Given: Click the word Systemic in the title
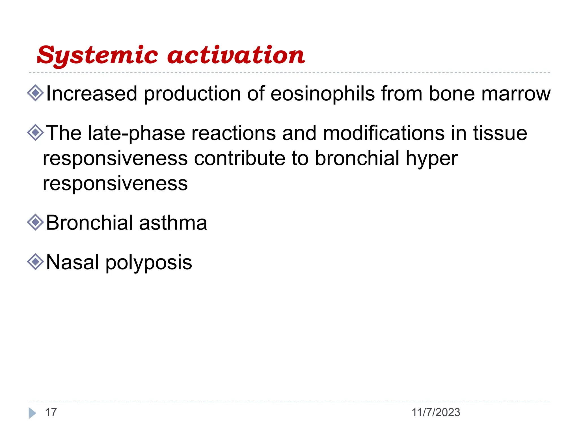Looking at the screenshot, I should (98, 56).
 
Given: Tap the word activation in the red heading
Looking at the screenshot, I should (236, 55).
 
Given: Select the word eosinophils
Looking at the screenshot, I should (322, 94).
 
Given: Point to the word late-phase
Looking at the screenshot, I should (136, 133).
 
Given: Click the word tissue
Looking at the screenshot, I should (500, 133).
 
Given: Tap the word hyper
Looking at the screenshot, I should (432, 159).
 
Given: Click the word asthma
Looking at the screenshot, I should (173, 223).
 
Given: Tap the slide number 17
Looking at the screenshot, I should (51, 413).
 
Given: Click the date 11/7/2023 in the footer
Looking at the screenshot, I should (436, 413).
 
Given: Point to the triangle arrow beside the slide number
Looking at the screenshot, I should (32, 413).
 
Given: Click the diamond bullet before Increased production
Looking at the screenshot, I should (36, 93).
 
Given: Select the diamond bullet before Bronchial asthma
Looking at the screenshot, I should (36, 222).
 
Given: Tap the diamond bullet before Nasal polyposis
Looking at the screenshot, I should (36, 262).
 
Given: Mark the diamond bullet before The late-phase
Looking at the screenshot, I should (36, 133).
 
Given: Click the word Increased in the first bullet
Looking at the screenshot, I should (92, 94).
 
